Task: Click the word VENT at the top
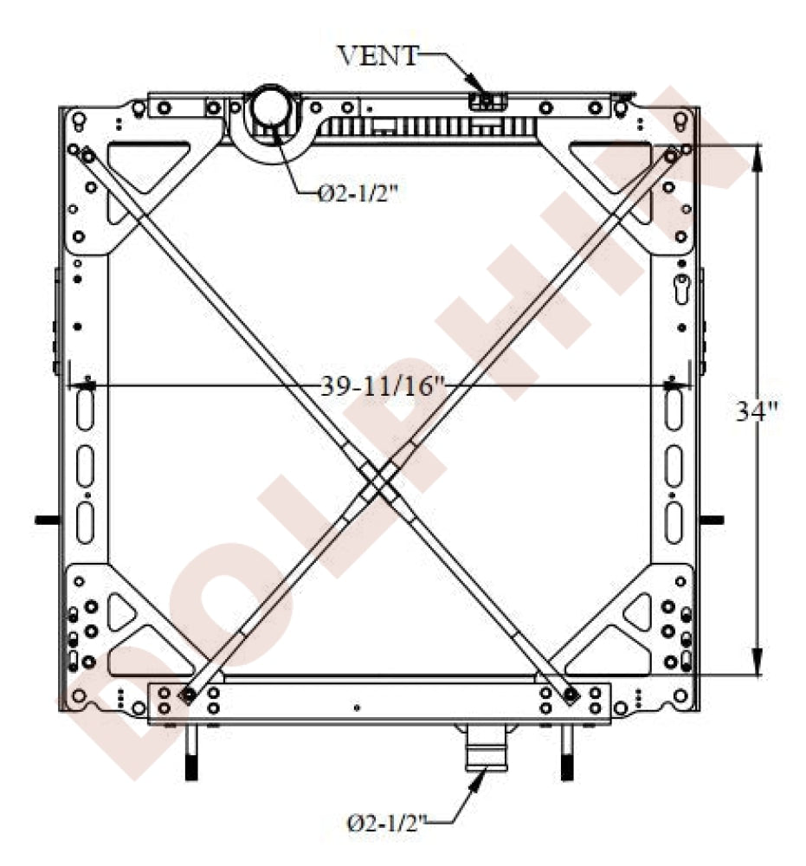(x=378, y=55)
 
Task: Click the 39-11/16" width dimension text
(x=384, y=386)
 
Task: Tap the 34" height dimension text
(x=757, y=410)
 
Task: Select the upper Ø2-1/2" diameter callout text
(x=358, y=193)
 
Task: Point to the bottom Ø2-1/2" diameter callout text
(x=387, y=824)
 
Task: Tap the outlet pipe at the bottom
(x=486, y=748)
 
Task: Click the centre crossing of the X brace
(x=378, y=481)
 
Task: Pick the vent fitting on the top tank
(x=487, y=101)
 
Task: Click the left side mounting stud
(x=47, y=520)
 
